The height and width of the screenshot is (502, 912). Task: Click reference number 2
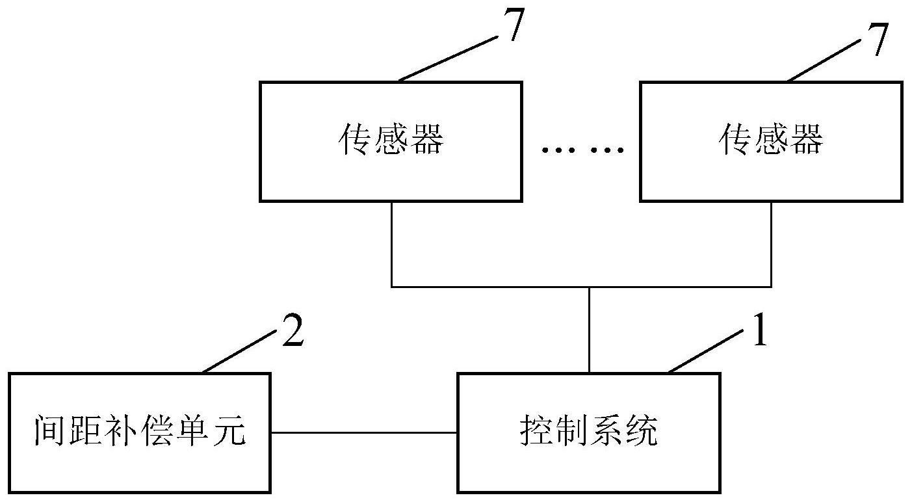tap(293, 330)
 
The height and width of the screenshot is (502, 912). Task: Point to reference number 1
tap(760, 330)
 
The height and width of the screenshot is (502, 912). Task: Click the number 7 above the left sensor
tap(514, 25)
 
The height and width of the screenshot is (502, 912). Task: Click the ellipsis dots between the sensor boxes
tap(582, 150)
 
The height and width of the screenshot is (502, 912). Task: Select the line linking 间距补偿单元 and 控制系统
tap(364, 432)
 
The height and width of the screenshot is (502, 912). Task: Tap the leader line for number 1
tap(705, 352)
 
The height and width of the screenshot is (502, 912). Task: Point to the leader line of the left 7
tap(448, 59)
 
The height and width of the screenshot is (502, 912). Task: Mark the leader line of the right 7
tap(823, 60)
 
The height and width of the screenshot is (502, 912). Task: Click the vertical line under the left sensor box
tap(391, 244)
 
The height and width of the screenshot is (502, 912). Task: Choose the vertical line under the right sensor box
tap(771, 244)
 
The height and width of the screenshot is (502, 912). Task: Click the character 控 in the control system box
tap(534, 430)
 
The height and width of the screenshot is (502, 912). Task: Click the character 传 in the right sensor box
tap(734, 139)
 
